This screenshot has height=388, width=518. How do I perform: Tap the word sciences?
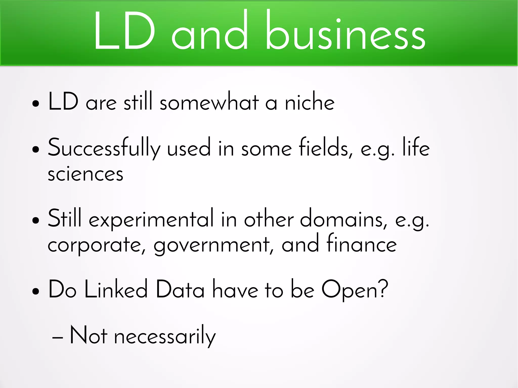85,174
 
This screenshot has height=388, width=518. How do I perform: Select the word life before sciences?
416,148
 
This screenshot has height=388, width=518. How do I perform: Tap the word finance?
362,244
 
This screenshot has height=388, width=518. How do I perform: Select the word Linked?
116,290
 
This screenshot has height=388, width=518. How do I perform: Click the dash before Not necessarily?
57,337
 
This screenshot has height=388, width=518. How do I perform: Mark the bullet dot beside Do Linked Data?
36,291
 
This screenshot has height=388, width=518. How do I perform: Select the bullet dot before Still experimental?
36,220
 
